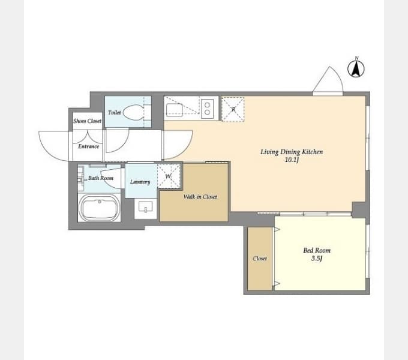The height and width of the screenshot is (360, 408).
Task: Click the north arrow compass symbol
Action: (x=356, y=68)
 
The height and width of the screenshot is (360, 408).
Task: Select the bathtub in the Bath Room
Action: (x=99, y=208)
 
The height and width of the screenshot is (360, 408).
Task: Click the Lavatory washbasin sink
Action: (x=146, y=208)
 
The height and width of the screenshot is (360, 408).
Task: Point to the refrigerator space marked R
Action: (x=233, y=109)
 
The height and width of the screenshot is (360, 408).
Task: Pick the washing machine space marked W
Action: (x=169, y=176)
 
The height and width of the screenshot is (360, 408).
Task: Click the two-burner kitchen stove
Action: (x=208, y=109)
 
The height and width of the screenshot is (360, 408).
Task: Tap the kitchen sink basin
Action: (x=175, y=109)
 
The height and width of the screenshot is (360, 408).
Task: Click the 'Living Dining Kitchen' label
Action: (x=292, y=152)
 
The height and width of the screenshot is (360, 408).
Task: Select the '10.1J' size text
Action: (x=292, y=160)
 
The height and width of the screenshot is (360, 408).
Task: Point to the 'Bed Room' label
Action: (x=317, y=250)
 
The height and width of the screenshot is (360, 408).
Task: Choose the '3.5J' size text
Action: (x=317, y=259)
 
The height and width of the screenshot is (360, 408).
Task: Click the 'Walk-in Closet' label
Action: (x=200, y=197)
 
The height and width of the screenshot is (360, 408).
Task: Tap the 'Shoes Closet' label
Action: (x=87, y=121)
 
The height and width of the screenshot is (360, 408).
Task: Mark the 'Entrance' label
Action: (x=88, y=146)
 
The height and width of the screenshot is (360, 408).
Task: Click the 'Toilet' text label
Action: (x=115, y=113)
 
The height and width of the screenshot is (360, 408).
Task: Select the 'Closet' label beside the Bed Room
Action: (x=260, y=259)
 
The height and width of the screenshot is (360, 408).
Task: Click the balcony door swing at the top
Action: (x=328, y=80)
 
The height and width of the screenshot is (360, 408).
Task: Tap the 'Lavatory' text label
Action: (x=140, y=182)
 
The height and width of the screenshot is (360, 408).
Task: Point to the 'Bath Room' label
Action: (x=101, y=178)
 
